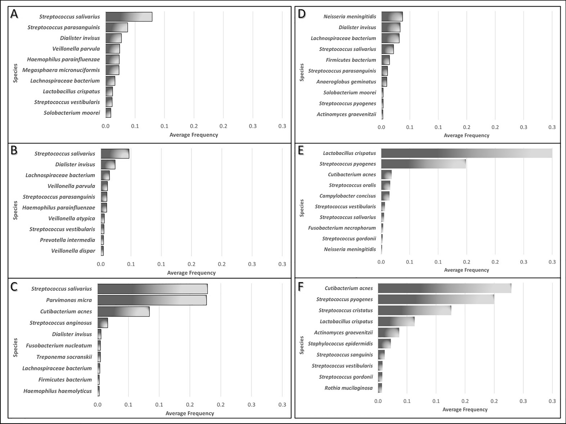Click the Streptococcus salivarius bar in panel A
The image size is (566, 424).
tap(129, 17)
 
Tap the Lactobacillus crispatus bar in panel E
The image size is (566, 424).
tap(466, 153)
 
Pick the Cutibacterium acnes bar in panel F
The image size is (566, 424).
tap(444, 288)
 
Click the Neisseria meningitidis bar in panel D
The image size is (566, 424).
tap(392, 17)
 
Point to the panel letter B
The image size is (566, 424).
tap(14, 150)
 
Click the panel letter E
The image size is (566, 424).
tap(301, 150)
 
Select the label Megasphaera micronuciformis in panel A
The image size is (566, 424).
tap(61, 70)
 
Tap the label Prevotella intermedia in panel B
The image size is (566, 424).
tap(67, 240)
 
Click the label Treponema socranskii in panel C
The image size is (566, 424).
tap(64, 357)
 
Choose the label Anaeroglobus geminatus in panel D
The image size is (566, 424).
tap(346, 82)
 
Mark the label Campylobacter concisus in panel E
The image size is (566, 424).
tap(348, 196)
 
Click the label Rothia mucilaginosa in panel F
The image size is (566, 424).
tap(349, 388)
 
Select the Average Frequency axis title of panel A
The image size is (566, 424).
tap(193, 135)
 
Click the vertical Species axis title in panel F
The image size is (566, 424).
tap(302, 345)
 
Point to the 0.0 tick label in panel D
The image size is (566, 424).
tap(381, 127)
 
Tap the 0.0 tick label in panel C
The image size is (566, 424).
tap(98, 404)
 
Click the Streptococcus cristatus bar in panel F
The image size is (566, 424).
tap(414, 310)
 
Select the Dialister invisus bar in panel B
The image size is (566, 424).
tap(108, 164)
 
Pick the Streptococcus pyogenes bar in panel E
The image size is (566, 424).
tap(423, 164)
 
